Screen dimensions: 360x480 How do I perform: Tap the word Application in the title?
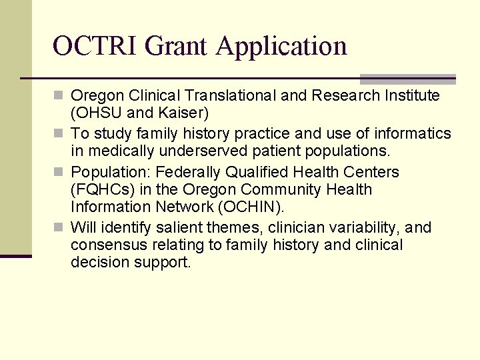[x=281, y=47]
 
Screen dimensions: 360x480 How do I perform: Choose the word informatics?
[x=413, y=133]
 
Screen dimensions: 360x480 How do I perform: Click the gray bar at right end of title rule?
[x=407, y=79]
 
